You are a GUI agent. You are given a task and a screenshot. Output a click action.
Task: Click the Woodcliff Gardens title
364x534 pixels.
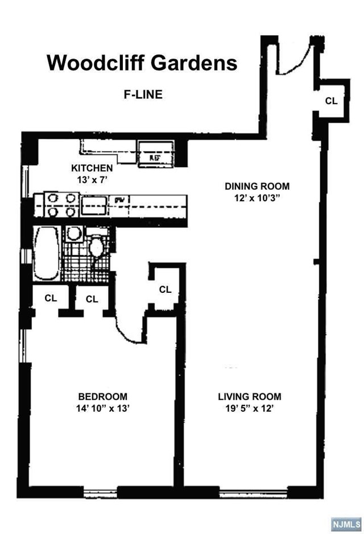point(142,63)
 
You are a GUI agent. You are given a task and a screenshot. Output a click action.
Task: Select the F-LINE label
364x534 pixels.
point(143,95)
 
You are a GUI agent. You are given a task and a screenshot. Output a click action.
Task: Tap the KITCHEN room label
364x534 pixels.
point(92,168)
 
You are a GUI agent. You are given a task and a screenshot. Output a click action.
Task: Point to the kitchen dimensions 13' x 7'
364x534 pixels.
point(92,179)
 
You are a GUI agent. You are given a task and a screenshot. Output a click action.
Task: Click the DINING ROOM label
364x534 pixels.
point(257,186)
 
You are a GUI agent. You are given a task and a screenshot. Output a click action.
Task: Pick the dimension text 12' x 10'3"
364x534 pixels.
point(257,198)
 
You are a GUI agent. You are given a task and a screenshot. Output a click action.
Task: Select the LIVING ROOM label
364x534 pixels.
point(250,397)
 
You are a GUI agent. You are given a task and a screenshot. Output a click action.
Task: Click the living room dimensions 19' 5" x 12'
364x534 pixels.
point(250,408)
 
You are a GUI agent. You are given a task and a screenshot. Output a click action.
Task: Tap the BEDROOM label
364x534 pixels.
point(103,397)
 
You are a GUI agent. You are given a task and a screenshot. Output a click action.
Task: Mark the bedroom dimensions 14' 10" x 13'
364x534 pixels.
point(103,408)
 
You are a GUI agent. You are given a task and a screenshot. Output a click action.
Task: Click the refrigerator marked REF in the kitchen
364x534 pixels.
point(154,155)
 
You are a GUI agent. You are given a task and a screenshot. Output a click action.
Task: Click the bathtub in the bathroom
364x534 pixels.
point(46,254)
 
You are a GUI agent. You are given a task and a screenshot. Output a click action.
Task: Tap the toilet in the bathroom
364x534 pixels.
point(97,247)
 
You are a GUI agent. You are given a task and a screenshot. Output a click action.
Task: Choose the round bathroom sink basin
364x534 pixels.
point(73,233)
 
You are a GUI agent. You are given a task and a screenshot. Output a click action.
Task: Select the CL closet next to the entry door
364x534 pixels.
point(331,101)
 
